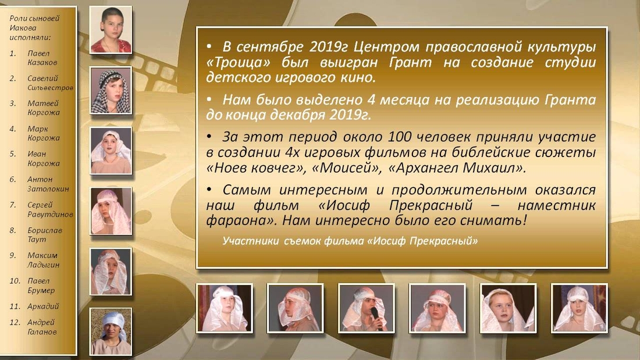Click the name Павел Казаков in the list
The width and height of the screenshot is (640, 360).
(42, 58)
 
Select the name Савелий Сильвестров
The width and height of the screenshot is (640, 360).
(50, 83)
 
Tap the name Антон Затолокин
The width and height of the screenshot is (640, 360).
(48, 184)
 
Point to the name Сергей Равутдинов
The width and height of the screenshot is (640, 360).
(50, 209)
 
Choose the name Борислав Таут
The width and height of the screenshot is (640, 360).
(45, 235)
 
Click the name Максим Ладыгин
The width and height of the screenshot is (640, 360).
(43, 260)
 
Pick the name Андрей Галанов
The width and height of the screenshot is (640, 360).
(42, 327)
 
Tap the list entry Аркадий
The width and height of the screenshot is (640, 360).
(43, 306)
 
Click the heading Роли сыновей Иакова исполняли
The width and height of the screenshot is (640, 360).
(34, 28)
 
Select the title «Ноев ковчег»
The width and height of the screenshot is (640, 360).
(256, 167)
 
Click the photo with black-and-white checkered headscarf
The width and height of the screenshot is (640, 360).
(111, 91)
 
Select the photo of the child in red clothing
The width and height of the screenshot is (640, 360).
(111, 30)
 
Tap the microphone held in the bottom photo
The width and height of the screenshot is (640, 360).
(376, 317)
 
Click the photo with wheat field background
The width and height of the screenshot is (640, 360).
(111, 332)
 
